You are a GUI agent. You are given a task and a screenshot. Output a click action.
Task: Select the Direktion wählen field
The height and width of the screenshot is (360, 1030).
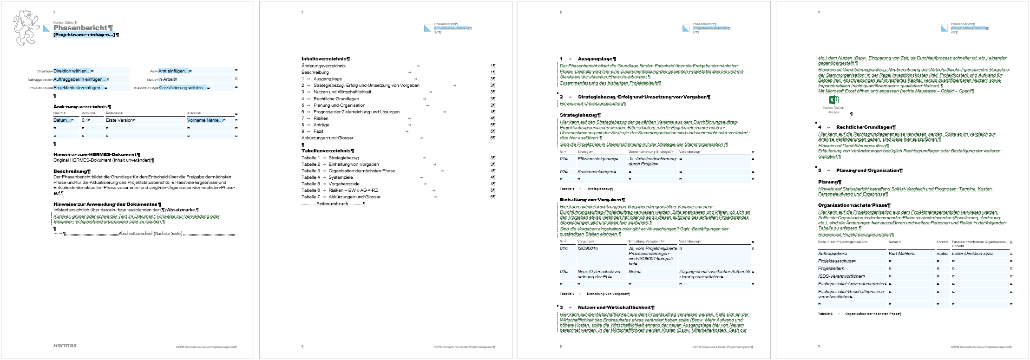pyautogui.click(x=72, y=71)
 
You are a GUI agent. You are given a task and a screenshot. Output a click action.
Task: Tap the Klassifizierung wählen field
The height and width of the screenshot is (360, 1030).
pyautogui.click(x=183, y=87)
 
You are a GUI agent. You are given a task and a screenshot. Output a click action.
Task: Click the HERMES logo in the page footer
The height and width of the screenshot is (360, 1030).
pyautogui.click(x=65, y=345)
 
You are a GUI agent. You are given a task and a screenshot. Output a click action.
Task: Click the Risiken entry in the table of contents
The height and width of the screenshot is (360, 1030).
pyautogui.click(x=321, y=118)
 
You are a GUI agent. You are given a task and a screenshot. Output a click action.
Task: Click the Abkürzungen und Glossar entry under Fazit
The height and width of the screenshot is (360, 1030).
pyautogui.click(x=327, y=138)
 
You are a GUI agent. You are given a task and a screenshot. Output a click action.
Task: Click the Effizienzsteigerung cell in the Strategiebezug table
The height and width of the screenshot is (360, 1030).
pyautogui.click(x=597, y=159)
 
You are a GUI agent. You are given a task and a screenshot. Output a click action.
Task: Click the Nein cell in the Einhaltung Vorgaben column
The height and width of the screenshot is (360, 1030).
pyautogui.click(x=633, y=272)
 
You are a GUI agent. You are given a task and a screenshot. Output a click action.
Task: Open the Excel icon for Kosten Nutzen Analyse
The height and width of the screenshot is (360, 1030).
pyautogui.click(x=833, y=100)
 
